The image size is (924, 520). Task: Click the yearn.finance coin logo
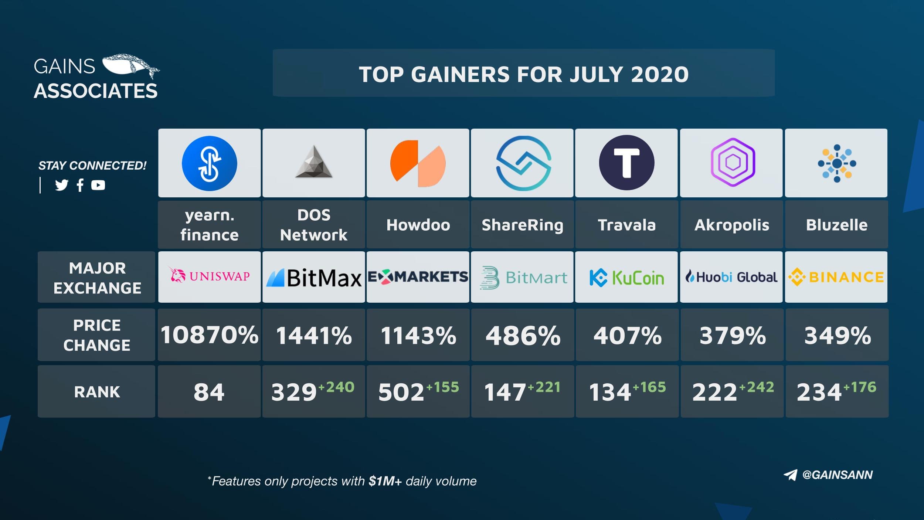pos(209,163)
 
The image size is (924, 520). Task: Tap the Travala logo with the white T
pos(626,163)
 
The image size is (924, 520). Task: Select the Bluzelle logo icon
pos(837,163)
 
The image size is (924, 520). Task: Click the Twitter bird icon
pos(62,185)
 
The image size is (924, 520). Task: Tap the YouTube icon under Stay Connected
pos(98,185)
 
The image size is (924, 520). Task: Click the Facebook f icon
pos(80,185)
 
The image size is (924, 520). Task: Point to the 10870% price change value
pos(209,335)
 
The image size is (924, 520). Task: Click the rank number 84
pos(209,392)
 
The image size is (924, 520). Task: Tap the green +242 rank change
pos(757,387)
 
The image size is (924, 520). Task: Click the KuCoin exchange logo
pos(626,278)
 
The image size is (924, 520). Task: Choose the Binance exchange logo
pos(836,277)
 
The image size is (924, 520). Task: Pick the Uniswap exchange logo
pos(209,276)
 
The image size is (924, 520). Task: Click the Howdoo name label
pos(418,225)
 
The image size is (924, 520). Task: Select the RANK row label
pos(97,392)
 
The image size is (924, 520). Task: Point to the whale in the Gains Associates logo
pos(129,66)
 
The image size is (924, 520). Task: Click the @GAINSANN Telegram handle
pos(837,475)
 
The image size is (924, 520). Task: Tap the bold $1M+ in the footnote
pos(385,481)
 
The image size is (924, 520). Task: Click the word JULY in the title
pos(596,74)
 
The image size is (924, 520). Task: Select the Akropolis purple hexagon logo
pos(733,162)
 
